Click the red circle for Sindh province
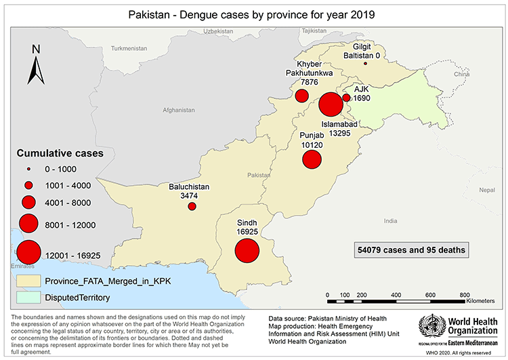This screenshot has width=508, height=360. click(247, 251)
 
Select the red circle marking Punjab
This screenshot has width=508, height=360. click(312, 159)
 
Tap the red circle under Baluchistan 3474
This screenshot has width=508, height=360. click(192, 206)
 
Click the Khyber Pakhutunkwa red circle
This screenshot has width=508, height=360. click(301, 96)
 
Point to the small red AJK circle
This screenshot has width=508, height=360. click(346, 98)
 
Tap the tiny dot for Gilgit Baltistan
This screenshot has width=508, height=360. click(365, 64)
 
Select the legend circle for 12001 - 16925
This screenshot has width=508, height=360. click(28, 252)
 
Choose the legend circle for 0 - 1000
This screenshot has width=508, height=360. click(28, 169)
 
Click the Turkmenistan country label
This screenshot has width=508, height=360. click(129, 49)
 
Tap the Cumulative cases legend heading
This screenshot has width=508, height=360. click(60, 153)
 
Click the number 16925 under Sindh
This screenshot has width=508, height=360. click(248, 231)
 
